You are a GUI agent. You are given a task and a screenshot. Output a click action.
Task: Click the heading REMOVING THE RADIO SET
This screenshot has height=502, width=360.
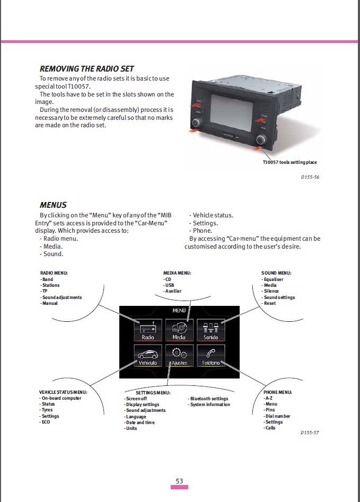coord(86,69)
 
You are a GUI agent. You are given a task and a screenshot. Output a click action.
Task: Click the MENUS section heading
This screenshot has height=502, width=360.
coord(53,205)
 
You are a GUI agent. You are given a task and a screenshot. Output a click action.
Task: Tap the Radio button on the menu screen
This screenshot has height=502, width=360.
coord(147,330)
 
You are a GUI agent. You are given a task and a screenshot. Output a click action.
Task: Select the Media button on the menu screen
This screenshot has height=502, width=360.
coord(179,330)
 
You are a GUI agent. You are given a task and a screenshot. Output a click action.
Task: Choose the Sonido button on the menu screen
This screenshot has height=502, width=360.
coord(210,330)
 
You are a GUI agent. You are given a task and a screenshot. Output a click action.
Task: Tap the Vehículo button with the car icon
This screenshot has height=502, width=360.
coord(147,356)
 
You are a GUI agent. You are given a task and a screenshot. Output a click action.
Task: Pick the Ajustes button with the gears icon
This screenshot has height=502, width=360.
coord(179,356)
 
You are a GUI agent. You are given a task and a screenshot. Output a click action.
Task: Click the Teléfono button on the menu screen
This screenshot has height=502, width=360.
coord(210,356)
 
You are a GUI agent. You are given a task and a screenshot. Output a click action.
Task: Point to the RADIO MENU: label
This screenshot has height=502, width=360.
coord(54,273)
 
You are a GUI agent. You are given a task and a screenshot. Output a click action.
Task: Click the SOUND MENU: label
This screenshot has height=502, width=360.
coord(275,273)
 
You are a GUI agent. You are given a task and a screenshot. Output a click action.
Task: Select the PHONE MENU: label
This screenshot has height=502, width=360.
coord(277,392)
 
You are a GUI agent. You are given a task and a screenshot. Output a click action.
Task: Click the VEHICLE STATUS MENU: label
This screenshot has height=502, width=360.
coord(63,392)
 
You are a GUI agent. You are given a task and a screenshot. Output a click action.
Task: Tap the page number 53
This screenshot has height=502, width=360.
coord(179,481)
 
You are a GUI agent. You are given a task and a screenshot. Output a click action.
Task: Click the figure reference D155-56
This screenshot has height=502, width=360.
coord(310,177)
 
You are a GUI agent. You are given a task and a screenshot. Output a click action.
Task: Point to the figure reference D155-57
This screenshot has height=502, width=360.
coord(310,433)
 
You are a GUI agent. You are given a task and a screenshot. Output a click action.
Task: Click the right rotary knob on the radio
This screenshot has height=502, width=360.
coord(261,140)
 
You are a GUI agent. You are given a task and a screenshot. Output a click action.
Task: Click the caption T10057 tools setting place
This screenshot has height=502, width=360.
coord(289,162)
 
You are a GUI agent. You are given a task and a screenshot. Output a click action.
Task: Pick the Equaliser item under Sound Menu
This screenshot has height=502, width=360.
coord(274,279)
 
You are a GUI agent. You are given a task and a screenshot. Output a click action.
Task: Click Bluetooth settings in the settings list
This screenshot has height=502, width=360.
coord(209,399)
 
